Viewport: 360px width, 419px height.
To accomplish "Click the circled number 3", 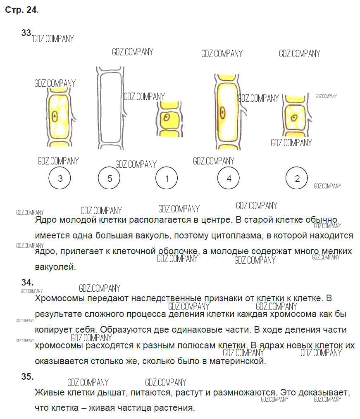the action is point(60,178).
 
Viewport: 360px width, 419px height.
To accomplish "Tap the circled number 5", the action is point(109,178).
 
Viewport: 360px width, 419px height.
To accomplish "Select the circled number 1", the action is point(167,178).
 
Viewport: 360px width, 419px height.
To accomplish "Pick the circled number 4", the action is point(229,178).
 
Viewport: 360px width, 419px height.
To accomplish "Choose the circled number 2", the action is point(297,178).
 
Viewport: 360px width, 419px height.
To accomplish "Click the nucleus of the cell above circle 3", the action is point(55,117).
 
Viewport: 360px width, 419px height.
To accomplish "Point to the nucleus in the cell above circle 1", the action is point(167,117).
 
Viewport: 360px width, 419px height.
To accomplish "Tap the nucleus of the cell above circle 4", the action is point(222,112).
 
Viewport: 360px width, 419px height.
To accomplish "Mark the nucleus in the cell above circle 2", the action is point(294,118).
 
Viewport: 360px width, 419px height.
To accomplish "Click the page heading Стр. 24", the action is point(21,10).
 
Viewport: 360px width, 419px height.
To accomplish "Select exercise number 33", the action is point(27,33).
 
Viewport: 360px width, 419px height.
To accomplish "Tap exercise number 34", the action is point(27,282).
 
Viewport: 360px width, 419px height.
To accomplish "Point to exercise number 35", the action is point(27,376).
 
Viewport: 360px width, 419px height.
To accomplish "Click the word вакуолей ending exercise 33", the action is point(55,267).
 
